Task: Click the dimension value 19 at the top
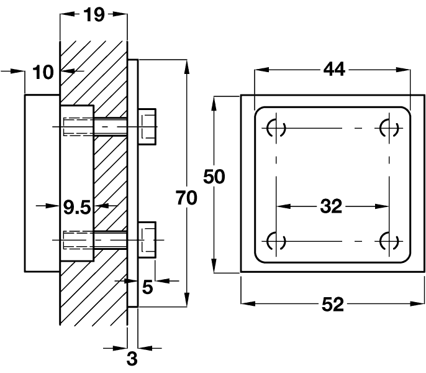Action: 94,14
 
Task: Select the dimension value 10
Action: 43,72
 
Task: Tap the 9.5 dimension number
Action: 77,207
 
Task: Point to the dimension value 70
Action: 186,198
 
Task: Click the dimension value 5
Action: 147,287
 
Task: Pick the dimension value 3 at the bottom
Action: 132,358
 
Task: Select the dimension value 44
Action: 333,70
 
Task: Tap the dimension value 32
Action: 332,206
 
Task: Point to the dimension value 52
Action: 333,304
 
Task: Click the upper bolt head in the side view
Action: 147,127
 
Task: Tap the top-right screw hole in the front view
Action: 389,129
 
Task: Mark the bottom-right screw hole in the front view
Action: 389,240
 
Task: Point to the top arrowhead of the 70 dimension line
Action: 186,65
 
